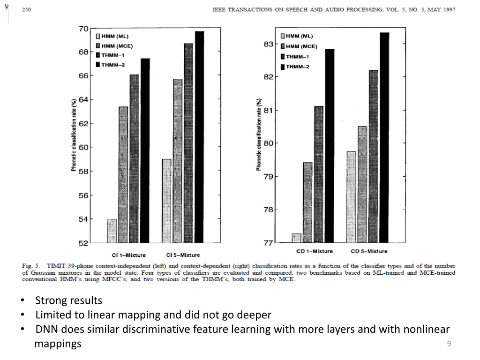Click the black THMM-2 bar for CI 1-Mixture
coord(145,150)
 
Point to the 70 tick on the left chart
coord(83,29)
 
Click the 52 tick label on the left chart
coord(83,243)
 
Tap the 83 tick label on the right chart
coord(268,44)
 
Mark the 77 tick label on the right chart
coord(268,243)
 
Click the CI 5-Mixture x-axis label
coord(182,255)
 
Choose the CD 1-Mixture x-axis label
coord(315,251)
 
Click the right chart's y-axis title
coord(259,135)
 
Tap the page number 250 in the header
coord(26,9)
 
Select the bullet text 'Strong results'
coord(68,300)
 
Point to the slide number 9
coord(449,344)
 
